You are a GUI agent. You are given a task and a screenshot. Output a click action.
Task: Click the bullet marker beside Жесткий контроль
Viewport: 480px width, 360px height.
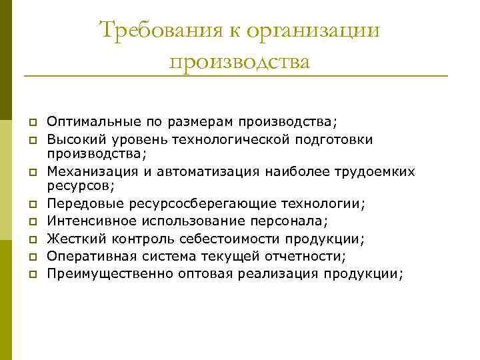tap(31, 239)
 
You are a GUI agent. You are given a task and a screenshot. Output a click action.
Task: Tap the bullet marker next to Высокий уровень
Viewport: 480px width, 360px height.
tap(31, 140)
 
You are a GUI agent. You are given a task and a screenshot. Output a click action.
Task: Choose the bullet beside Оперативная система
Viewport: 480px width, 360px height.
tap(31, 256)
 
